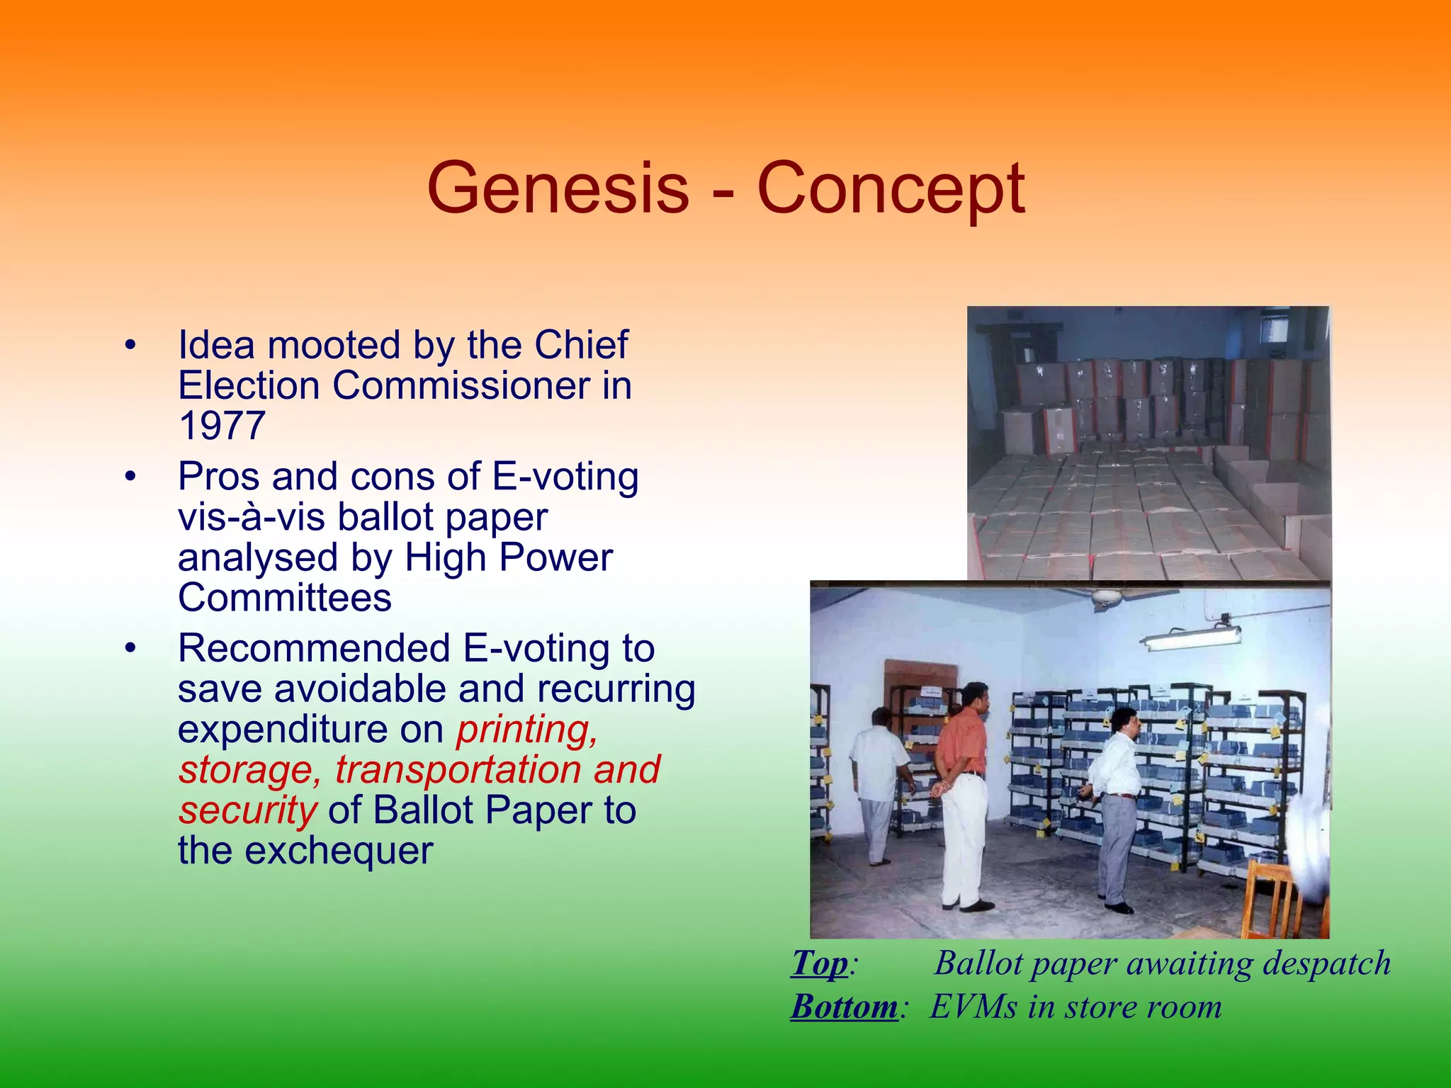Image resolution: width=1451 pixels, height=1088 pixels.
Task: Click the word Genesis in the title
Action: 558,189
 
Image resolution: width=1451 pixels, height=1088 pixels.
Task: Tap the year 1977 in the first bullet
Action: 222,426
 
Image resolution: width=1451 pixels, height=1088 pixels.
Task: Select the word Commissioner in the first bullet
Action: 461,386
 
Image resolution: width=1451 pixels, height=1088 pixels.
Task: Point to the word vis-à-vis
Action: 252,517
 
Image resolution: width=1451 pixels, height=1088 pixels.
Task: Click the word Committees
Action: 284,598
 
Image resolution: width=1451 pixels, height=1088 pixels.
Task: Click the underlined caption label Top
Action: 819,963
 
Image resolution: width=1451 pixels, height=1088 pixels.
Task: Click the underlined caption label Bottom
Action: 844,1007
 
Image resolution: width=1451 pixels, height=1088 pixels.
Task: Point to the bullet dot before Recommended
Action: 130,649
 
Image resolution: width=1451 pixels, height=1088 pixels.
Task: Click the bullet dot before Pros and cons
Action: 130,477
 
